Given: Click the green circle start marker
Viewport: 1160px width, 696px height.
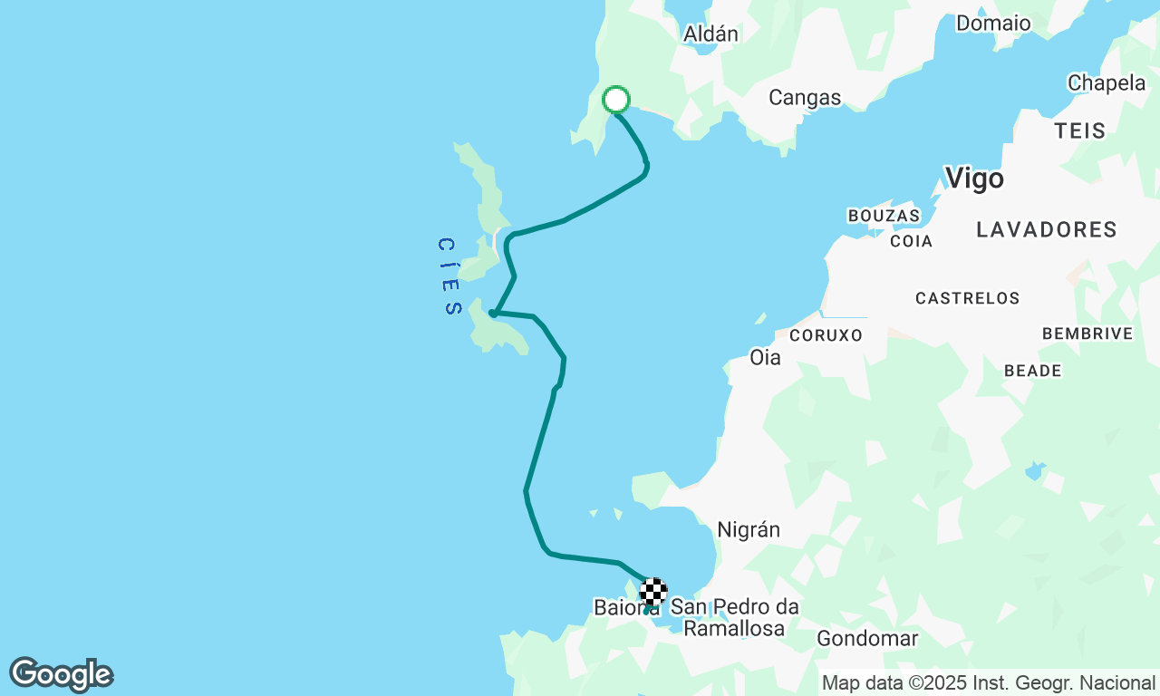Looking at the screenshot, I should pyautogui.click(x=616, y=99).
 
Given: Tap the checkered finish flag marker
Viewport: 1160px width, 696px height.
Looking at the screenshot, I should pyautogui.click(x=653, y=592).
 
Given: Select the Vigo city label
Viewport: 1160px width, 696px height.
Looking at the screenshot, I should pyautogui.click(x=974, y=178).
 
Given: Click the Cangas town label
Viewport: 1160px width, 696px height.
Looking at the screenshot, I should pyautogui.click(x=805, y=98).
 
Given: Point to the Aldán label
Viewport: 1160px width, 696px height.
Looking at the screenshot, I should pyautogui.click(x=710, y=34).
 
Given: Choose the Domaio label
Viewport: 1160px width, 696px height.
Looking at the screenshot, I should pyautogui.click(x=993, y=23).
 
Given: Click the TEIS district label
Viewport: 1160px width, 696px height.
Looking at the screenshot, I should pyautogui.click(x=1080, y=130).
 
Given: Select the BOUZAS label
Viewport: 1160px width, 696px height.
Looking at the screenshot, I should pyautogui.click(x=884, y=216).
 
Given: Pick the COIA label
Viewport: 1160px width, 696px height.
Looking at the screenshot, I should pyautogui.click(x=911, y=241).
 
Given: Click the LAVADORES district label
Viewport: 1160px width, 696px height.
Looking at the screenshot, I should pyautogui.click(x=1047, y=229).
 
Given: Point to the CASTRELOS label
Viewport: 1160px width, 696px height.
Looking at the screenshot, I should pyautogui.click(x=967, y=298).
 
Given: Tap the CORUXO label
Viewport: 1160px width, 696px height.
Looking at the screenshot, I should pyautogui.click(x=826, y=335).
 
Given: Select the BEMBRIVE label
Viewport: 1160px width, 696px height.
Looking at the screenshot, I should pyautogui.click(x=1087, y=333).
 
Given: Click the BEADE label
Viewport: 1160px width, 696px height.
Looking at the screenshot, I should pyautogui.click(x=1032, y=371).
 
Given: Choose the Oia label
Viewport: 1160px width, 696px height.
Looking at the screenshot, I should pyautogui.click(x=765, y=357).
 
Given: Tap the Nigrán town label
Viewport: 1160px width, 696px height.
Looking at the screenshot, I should pyautogui.click(x=749, y=529).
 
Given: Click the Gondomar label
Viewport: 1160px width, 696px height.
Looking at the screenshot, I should pyautogui.click(x=867, y=638).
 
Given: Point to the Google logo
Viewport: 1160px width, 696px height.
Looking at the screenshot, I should pyautogui.click(x=61, y=675).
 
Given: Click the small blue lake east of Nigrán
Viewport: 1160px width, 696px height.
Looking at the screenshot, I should pyautogui.click(x=1035, y=471).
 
